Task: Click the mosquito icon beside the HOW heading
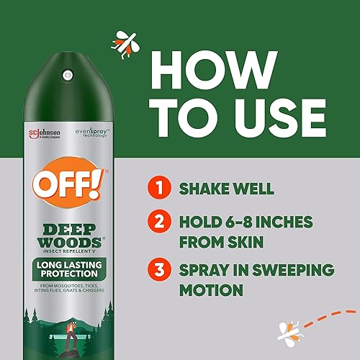tap(123, 42)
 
